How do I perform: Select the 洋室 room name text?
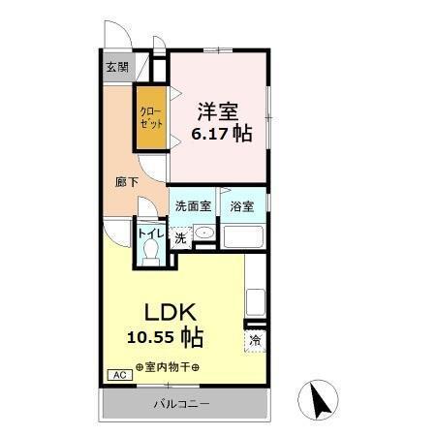(220, 109)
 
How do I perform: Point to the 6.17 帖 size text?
(220, 134)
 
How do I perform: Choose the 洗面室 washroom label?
(192, 206)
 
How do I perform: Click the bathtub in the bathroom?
(245, 237)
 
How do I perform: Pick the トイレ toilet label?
(150, 233)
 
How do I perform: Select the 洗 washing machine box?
(180, 238)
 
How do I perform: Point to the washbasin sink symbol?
(203, 234)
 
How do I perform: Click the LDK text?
(171, 313)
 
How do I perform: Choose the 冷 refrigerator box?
(256, 340)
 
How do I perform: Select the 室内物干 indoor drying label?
(169, 367)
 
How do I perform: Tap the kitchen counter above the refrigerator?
(256, 301)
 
